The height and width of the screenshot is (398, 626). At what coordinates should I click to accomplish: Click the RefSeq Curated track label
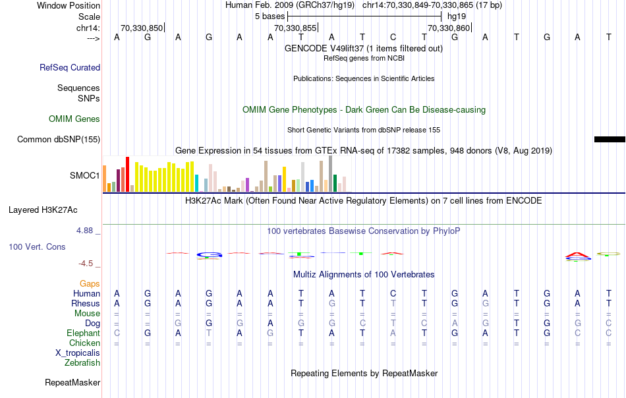pos(70,67)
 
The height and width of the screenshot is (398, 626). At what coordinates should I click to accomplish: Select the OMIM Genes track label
pos(74,119)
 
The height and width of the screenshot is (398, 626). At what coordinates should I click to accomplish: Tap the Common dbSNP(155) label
pos(59,139)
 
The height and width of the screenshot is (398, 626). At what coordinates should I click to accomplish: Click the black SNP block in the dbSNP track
pos(610,139)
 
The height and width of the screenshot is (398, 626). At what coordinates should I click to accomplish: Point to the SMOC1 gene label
pos(85,176)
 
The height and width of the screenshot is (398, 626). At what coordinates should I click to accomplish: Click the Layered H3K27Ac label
pos(43,210)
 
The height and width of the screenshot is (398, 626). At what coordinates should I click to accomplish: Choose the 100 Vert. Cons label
pos(37,246)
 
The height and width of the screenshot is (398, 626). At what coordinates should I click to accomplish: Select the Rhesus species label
pos(86,304)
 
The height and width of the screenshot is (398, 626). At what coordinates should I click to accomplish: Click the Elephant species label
pos(84,333)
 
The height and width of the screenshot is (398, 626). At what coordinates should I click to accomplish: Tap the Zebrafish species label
pos(82,363)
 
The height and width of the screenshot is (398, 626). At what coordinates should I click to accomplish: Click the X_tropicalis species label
pos(78,353)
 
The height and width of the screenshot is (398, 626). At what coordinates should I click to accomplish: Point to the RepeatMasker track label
pos(72,382)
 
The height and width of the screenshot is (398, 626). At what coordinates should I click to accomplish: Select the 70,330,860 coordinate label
pos(449,28)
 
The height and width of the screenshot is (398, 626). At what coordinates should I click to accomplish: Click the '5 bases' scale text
pos(270,16)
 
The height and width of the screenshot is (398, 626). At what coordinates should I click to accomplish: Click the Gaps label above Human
pos(90,283)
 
